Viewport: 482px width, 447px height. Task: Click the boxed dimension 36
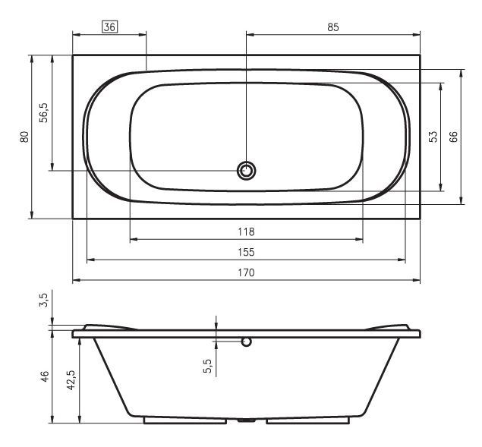point(110,27)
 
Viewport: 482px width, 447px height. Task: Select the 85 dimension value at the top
point(333,27)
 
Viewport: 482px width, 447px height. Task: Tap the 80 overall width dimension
point(24,137)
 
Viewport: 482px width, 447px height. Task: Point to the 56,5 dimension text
point(44,113)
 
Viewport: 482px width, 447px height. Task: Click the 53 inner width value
point(433,137)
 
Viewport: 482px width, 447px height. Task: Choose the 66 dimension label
point(453,137)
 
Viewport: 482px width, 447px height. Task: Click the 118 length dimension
point(246,231)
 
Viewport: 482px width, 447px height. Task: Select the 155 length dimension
point(246,252)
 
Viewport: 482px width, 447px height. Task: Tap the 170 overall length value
point(246,272)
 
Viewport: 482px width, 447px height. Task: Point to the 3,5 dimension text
point(44,300)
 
